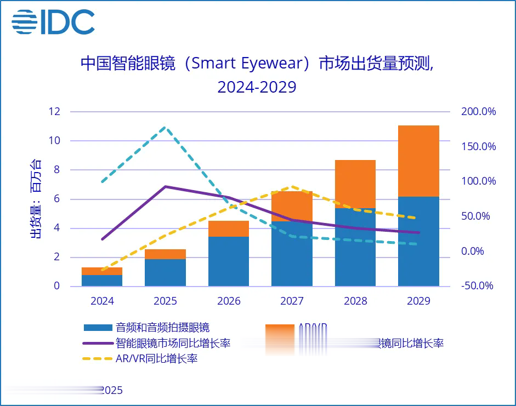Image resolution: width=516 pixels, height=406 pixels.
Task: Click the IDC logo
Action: (x=53, y=22)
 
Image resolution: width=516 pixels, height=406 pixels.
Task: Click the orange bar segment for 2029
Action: (x=418, y=161)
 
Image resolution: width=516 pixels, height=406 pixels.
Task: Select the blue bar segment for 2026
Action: (x=229, y=261)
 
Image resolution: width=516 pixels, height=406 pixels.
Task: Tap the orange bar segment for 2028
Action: (x=355, y=184)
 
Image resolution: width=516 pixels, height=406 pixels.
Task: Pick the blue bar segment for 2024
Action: (x=102, y=280)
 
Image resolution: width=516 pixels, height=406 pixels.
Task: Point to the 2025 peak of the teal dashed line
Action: (x=166, y=127)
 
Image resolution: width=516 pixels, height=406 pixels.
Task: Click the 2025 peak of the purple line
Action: (x=166, y=186)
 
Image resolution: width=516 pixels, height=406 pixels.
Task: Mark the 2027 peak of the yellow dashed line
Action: (x=292, y=186)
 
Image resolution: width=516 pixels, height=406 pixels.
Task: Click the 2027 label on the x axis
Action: (x=292, y=301)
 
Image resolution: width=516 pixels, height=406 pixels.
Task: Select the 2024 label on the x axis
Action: (x=102, y=301)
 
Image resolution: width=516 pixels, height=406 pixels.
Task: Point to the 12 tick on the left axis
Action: (x=54, y=112)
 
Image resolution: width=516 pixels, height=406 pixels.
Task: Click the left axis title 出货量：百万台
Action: (x=35, y=198)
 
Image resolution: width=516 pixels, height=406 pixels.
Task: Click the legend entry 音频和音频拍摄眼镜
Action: (x=162, y=328)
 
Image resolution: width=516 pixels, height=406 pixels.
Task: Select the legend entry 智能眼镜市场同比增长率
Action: (x=173, y=344)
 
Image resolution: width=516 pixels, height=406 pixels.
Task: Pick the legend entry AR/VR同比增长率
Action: (x=156, y=359)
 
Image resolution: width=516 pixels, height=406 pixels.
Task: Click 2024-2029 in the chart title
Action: (x=257, y=87)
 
